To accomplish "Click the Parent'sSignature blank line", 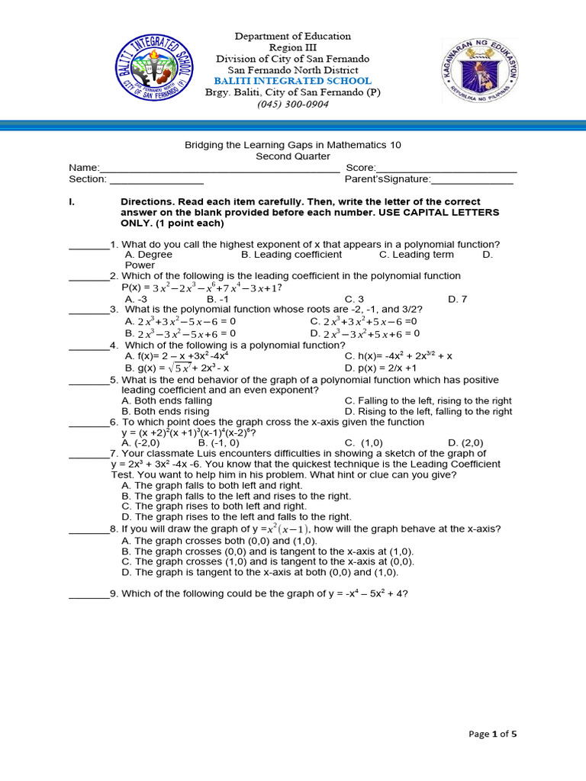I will tap(472, 180).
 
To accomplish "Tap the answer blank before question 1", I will tap(89, 246).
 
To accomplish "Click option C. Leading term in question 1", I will tap(417, 255).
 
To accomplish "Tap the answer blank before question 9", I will tap(89, 596).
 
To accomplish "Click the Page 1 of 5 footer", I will tap(492, 734).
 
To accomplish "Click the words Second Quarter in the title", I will tap(293, 156).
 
